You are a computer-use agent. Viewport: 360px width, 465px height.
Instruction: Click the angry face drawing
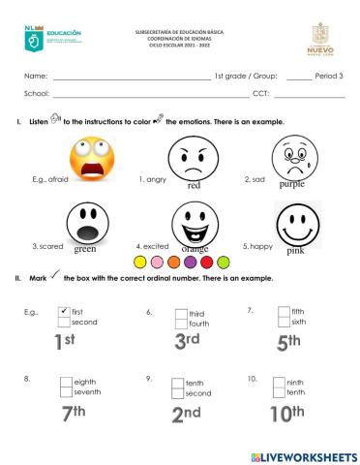click(194, 155)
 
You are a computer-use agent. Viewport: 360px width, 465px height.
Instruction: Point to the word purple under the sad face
click(292, 183)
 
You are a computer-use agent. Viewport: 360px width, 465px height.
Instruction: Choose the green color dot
click(225, 262)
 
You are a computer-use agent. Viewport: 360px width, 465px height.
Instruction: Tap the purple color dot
click(192, 262)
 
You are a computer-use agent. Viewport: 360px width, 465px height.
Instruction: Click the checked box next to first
click(64, 312)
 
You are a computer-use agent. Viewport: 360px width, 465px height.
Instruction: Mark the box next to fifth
click(284, 312)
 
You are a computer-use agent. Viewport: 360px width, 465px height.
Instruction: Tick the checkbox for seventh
click(66, 391)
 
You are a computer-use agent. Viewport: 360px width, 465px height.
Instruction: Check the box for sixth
click(284, 323)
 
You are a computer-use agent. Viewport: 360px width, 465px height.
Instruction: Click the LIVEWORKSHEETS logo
click(303, 455)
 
